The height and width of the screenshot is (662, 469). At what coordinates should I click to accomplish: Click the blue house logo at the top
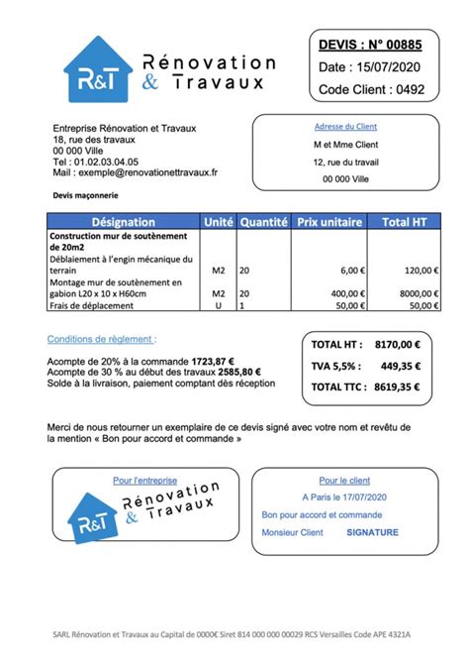click(98, 69)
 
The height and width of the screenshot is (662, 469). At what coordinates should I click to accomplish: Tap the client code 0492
click(408, 90)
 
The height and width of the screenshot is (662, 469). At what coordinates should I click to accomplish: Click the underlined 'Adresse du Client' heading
click(345, 127)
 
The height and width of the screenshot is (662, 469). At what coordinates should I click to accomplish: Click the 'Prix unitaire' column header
click(329, 222)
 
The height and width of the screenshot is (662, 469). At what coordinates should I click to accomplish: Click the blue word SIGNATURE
click(372, 532)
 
